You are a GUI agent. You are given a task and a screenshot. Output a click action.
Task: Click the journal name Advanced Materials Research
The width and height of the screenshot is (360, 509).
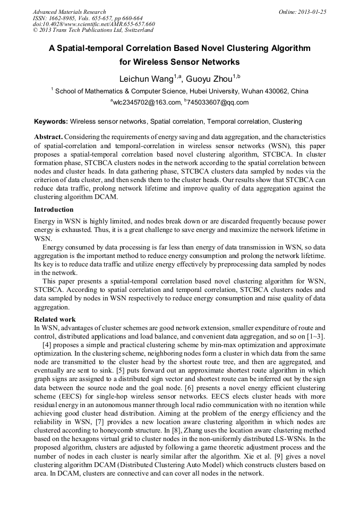click(69, 12)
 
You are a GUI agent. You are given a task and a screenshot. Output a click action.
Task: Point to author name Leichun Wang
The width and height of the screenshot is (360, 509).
click(146, 79)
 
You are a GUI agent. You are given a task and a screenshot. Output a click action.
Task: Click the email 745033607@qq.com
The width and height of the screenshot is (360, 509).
click(210, 102)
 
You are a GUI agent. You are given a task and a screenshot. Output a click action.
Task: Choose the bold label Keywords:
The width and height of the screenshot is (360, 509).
click(50, 122)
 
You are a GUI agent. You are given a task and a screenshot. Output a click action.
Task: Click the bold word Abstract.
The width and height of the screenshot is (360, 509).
click(48, 137)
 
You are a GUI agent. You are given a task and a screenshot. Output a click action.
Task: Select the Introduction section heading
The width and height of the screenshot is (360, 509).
click(54, 210)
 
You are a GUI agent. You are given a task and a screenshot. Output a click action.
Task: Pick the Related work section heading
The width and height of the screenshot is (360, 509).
click(55, 320)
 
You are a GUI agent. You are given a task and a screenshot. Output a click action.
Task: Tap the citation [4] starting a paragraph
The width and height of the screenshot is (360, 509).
click(47, 345)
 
